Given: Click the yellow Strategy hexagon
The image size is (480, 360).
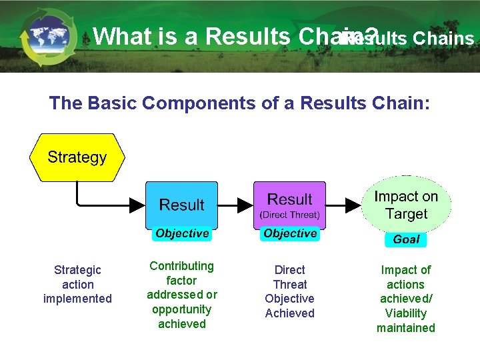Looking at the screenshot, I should [x=77, y=157].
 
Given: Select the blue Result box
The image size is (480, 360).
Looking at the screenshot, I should [x=181, y=205].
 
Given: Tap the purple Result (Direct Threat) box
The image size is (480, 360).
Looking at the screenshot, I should [x=289, y=205].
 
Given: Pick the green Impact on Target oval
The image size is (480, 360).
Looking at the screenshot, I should [x=406, y=205].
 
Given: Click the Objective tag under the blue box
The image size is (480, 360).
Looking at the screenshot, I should [x=182, y=233].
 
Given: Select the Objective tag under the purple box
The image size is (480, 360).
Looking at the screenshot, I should [x=290, y=233].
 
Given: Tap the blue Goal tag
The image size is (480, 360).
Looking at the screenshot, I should [x=406, y=239].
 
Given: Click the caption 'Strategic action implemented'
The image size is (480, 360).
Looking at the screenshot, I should [x=77, y=284].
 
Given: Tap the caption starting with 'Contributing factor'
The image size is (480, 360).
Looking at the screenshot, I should [x=182, y=295].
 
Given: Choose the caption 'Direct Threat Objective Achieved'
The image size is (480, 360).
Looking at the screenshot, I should [x=289, y=291].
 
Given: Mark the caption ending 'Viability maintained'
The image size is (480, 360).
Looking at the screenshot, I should [x=406, y=299].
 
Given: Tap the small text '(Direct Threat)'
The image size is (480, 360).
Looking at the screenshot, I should [x=289, y=215].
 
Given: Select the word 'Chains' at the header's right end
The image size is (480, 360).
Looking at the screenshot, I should [x=443, y=39].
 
